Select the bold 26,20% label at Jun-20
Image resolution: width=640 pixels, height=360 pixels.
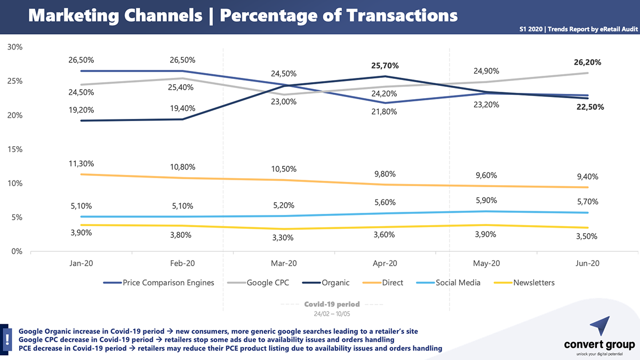point(587,62)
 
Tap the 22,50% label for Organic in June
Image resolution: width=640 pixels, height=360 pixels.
point(589,107)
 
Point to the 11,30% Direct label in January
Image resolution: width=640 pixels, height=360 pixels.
point(81,164)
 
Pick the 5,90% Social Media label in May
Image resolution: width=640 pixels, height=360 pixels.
point(486,201)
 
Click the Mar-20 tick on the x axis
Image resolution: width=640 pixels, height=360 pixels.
point(284,263)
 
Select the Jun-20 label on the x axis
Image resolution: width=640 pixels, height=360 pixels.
point(588,263)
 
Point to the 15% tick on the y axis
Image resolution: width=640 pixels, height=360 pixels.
point(15,149)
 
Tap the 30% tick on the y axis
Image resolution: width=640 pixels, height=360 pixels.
point(15,47)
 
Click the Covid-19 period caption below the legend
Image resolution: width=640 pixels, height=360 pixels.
point(332,304)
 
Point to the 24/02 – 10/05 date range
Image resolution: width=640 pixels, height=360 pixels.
point(332,312)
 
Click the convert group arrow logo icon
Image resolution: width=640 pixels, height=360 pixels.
point(599,326)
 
